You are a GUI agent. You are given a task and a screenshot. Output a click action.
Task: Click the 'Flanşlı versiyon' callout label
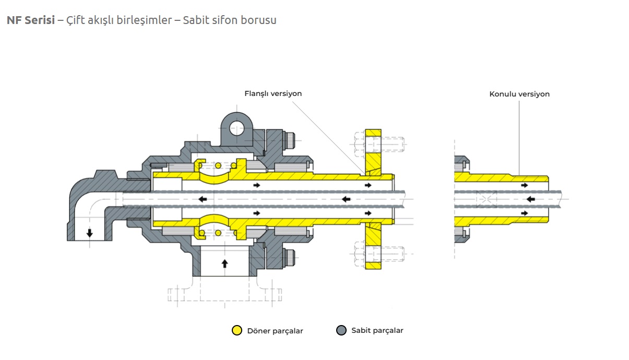click(x=273, y=93)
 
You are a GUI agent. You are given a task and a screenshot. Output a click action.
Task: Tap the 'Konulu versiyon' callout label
click(x=519, y=94)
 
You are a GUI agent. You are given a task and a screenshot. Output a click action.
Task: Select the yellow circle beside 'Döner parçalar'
click(x=236, y=330)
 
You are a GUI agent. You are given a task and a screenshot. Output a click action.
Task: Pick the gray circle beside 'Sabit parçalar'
click(x=341, y=330)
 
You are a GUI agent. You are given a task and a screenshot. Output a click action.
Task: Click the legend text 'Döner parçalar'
click(x=275, y=331)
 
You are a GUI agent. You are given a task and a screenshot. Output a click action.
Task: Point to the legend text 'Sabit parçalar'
click(x=377, y=331)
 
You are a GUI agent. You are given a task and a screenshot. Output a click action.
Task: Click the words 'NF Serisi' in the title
click(x=31, y=20)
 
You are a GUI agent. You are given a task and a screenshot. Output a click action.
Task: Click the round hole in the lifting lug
click(x=236, y=128)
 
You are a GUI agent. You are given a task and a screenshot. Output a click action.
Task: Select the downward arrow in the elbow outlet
click(x=90, y=233)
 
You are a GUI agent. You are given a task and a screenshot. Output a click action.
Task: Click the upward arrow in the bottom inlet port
click(x=224, y=263)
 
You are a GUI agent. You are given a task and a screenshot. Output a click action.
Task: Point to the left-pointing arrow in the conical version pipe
click(x=530, y=199)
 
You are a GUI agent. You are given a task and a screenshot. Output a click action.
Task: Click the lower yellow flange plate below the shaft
click(x=373, y=246)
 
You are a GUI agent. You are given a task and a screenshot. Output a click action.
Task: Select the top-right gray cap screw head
click(x=290, y=140)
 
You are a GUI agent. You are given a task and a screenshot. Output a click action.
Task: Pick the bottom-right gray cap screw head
click(x=290, y=257)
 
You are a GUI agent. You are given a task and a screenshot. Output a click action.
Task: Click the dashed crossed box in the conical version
click(x=486, y=199)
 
